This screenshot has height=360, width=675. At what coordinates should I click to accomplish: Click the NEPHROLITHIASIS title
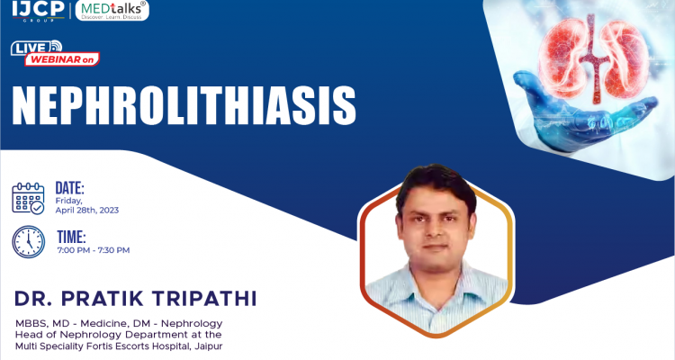coord(184,105)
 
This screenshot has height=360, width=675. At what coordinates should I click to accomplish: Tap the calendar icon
coord(28,197)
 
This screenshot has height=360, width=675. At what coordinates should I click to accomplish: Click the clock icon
coord(28,241)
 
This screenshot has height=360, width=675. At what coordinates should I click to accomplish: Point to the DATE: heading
coord(70,188)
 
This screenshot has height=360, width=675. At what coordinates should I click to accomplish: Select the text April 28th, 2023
coord(87,210)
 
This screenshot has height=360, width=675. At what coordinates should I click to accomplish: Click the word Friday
coord(68,201)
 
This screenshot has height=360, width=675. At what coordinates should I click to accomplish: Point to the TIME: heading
coord(71,238)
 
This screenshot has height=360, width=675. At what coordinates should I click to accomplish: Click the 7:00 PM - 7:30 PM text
coord(93,250)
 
